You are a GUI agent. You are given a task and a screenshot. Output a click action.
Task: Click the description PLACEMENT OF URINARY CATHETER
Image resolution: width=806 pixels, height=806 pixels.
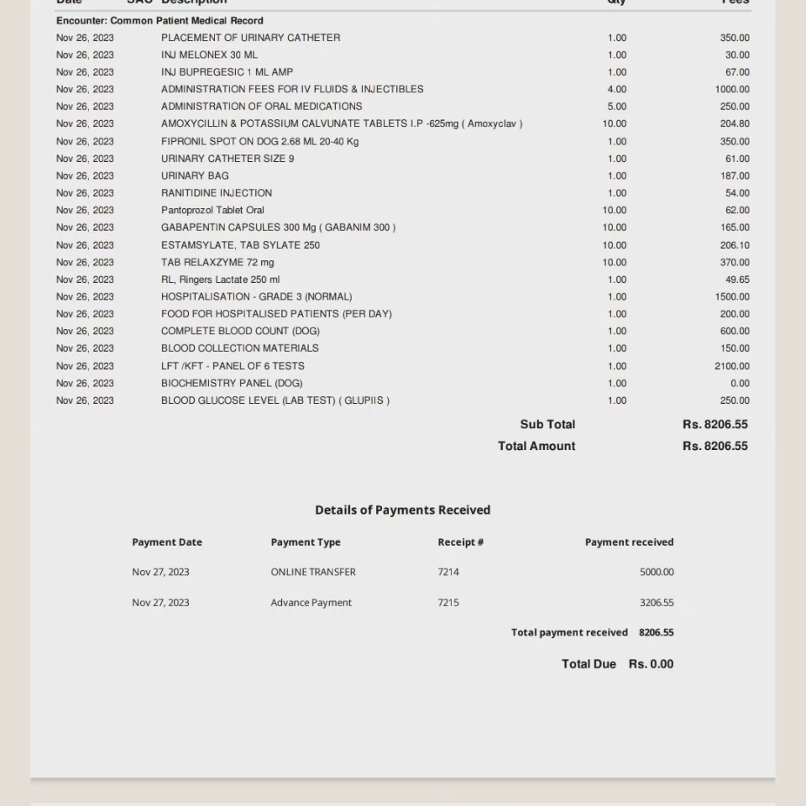(250, 38)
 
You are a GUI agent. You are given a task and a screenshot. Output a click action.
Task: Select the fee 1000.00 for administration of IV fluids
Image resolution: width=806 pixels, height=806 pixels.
(732, 89)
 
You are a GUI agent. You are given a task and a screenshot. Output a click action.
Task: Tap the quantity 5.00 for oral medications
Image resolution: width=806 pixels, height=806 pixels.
(616, 107)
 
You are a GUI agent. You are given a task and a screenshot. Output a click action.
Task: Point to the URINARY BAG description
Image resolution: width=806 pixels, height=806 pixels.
(195, 175)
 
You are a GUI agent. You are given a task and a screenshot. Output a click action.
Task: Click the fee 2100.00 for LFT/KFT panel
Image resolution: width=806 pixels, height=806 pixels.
(732, 366)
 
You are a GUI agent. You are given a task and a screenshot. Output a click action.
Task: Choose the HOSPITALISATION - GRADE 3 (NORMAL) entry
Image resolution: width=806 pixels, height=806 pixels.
(256, 296)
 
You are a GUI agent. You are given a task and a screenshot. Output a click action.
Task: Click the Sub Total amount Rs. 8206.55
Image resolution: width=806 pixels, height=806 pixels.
(714, 425)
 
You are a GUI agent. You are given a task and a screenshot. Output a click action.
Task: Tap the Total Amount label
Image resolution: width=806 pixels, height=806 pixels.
(536, 446)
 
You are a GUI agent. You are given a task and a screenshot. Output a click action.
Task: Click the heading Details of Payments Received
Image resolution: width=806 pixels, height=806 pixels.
(402, 510)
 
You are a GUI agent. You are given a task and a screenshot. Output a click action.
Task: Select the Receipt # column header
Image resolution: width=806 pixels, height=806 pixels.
(460, 542)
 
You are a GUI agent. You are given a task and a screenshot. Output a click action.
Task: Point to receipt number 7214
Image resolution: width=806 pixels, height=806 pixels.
(448, 572)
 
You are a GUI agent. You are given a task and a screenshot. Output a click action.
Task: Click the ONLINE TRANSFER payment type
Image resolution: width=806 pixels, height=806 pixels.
(313, 572)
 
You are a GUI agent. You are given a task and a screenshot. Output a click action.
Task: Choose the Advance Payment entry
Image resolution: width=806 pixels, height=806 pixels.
(311, 603)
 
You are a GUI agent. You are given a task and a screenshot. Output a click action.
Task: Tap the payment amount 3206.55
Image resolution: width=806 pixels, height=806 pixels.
(657, 603)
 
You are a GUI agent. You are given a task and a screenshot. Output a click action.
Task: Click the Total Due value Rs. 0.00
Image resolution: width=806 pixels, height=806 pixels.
(651, 664)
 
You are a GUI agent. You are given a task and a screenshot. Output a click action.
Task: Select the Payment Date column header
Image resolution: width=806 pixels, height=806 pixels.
(167, 542)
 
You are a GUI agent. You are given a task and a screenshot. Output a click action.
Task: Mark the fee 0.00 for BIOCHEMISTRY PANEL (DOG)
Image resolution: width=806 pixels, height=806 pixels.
(740, 383)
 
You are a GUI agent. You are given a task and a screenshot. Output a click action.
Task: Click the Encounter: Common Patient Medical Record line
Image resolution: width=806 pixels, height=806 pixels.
(160, 20)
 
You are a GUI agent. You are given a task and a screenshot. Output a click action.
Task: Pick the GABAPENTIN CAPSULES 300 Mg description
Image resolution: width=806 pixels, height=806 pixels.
(278, 228)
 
